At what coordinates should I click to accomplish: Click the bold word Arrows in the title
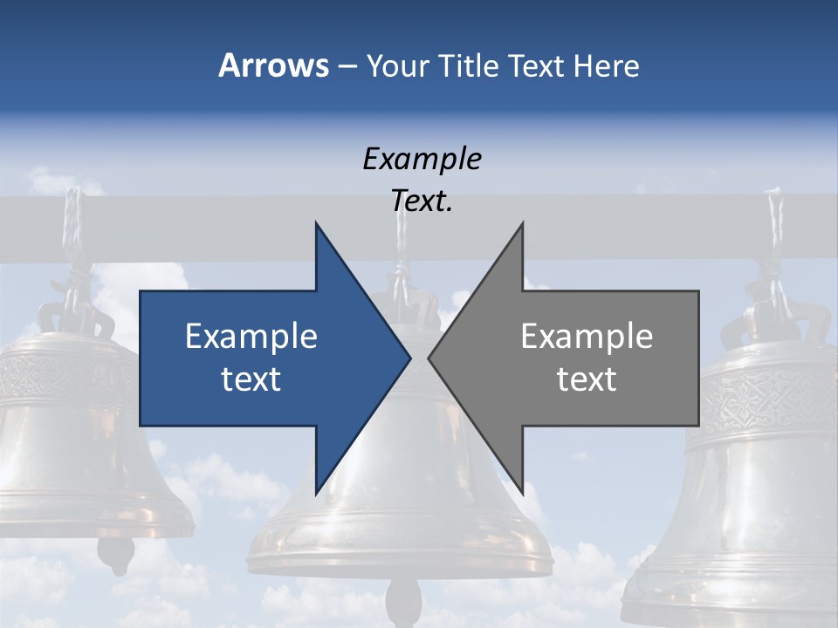[x=273, y=65]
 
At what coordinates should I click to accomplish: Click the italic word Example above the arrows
[x=422, y=159]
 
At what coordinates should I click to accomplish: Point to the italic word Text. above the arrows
[x=422, y=201]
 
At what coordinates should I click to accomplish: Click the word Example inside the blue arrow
[x=251, y=337]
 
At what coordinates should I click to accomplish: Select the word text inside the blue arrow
[x=251, y=379]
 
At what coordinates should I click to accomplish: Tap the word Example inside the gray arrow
[x=587, y=337]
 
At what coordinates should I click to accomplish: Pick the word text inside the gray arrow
[x=587, y=379]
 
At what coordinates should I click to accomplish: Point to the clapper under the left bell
[x=115, y=551]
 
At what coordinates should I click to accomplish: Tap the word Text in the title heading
[x=537, y=65]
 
